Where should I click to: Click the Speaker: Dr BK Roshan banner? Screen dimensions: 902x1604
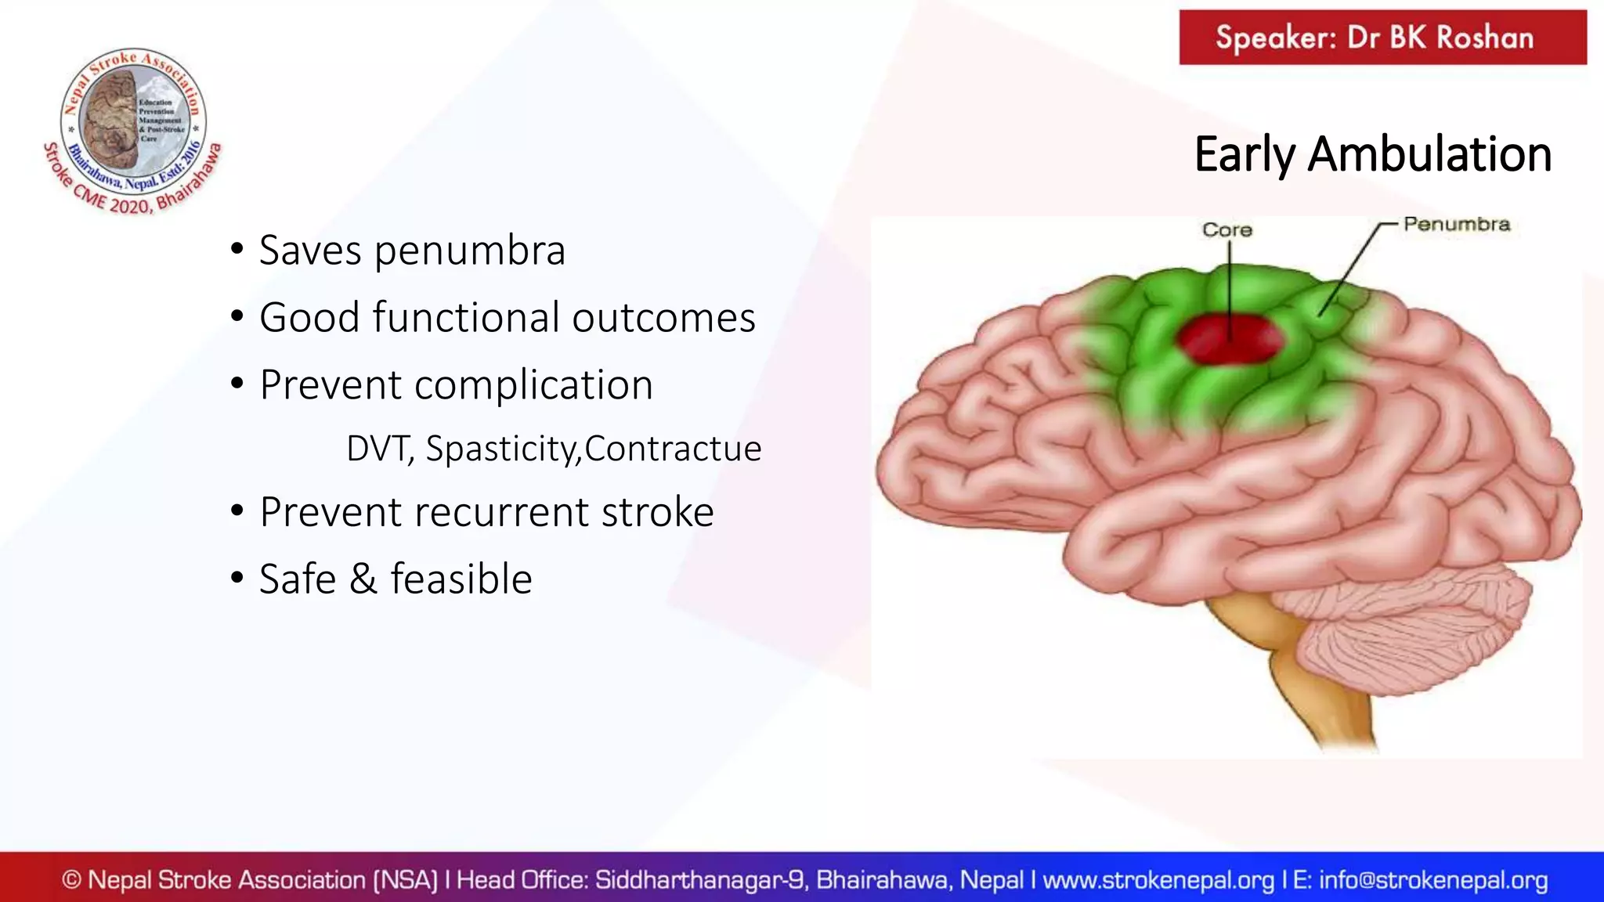click(x=1382, y=38)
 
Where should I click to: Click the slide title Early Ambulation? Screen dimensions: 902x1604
click(x=1372, y=154)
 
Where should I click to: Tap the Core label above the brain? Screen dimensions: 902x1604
click(x=1227, y=230)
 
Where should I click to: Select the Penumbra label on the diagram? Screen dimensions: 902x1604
click(x=1456, y=225)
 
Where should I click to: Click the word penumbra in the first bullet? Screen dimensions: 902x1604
click(x=469, y=251)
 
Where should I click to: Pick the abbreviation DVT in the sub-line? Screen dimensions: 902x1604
click(x=379, y=449)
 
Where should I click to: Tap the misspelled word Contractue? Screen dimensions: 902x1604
click(x=672, y=449)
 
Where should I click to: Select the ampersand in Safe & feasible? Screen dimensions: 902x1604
click(x=363, y=579)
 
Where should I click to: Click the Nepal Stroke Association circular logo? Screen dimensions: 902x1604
click(x=133, y=125)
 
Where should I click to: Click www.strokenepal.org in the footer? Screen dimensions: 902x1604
click(x=1158, y=880)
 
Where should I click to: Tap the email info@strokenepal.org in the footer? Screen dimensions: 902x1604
click(x=1433, y=880)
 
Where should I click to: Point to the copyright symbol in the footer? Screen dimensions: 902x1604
click(x=71, y=880)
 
